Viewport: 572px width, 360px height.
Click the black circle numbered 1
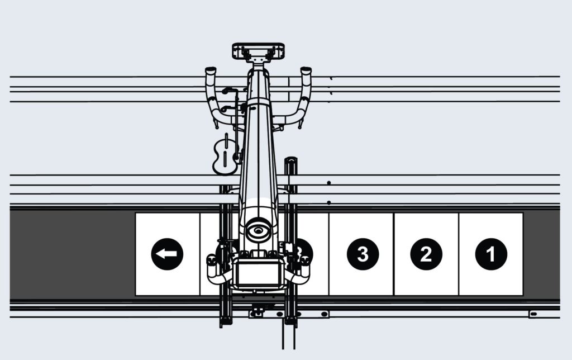coord(491,254)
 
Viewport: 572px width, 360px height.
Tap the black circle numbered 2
coord(426,254)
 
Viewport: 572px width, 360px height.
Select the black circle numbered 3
coord(363,254)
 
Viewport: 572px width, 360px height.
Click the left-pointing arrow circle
coord(167,254)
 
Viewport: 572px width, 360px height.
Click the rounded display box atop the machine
coord(258,51)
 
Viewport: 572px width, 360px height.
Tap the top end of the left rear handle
coord(211,71)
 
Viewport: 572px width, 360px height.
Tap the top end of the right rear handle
coord(306,71)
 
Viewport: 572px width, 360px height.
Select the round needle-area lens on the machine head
coord(258,230)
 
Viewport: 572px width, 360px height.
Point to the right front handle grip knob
coord(305,260)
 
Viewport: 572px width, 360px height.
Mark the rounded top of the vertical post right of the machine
coord(292,161)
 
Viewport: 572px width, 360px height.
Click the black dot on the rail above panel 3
coord(329,202)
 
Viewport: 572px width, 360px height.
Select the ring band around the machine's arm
coord(258,102)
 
